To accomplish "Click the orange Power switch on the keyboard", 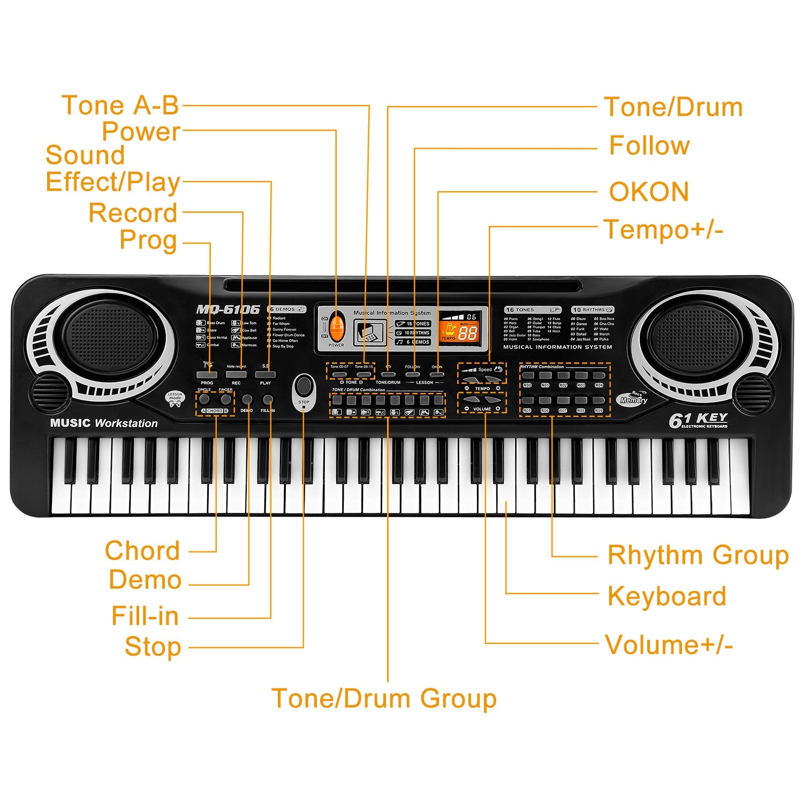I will coord(337,327).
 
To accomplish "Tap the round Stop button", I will coord(304,385).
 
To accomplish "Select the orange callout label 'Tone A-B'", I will coord(120,105).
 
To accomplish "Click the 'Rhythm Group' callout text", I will coord(698,555).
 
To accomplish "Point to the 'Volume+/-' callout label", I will coord(669,645).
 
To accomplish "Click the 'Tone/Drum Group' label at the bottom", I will coord(384,699).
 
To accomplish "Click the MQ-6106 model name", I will coord(228,309).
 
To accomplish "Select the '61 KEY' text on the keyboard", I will coord(698,420).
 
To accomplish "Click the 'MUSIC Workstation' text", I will coord(104,423).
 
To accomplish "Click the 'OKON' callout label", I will coord(649,192).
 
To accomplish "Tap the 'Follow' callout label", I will coord(649,146).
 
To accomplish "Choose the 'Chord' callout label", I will coord(142,551).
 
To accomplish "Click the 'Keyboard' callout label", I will coord(667,596).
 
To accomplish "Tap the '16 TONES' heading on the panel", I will coord(520,310).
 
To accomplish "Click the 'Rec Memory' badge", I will coord(633,398).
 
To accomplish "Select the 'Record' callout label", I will coord(133,213).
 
